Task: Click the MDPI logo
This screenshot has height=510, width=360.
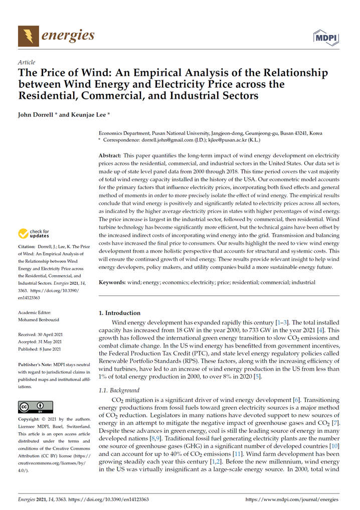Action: [326, 37]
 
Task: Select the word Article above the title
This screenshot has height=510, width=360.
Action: [26, 63]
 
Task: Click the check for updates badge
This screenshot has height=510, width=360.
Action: [34, 233]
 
